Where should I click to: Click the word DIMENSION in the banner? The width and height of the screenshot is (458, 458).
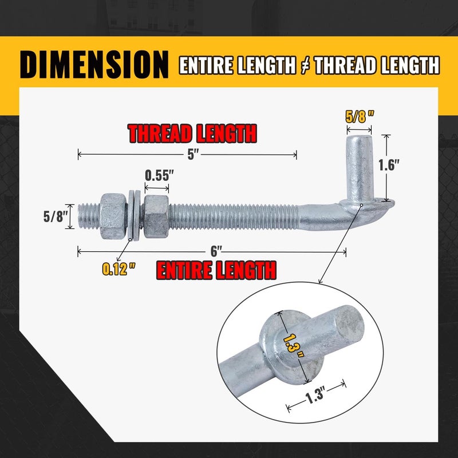coord(94,65)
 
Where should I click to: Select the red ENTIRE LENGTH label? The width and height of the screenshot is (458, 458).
coord(216,270)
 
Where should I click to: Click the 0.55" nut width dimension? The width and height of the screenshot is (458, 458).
coord(157,175)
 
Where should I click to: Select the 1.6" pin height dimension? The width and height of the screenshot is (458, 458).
coord(389,165)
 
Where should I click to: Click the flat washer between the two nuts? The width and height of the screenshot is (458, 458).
coord(133,216)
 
